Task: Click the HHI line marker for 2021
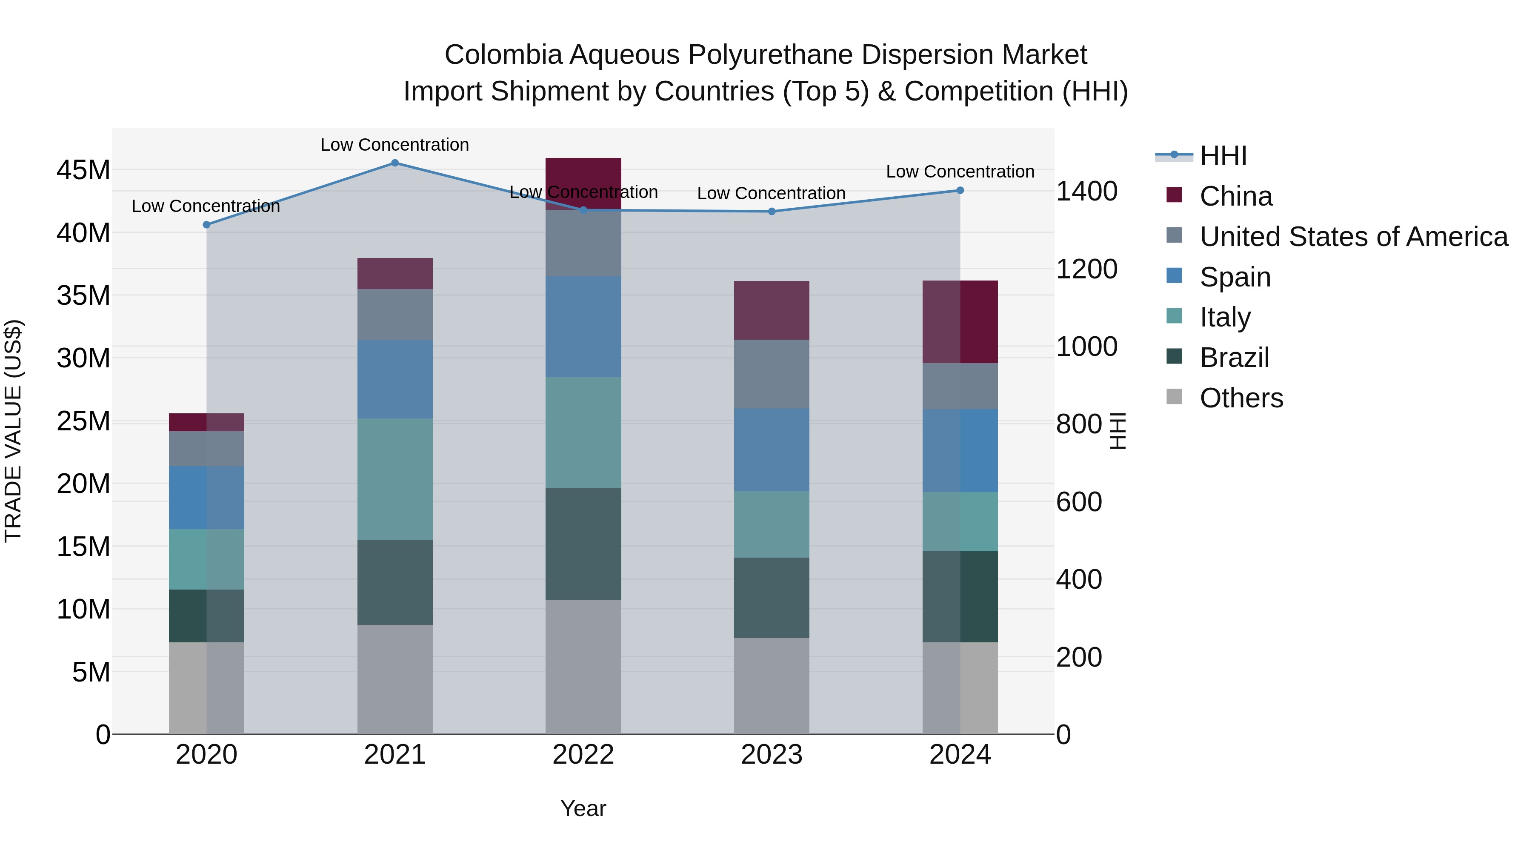(x=395, y=163)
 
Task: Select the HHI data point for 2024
(x=960, y=190)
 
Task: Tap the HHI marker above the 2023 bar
(x=772, y=211)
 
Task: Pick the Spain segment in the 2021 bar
(x=395, y=379)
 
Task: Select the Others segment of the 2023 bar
(x=772, y=685)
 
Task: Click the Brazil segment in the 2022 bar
(x=583, y=543)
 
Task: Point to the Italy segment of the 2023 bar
(x=772, y=524)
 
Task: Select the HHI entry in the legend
(x=1223, y=156)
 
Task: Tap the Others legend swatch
(x=1175, y=397)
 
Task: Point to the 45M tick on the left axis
(x=83, y=171)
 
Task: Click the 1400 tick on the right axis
(x=1086, y=192)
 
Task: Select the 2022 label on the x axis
(x=583, y=755)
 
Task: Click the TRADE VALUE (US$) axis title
(x=13, y=431)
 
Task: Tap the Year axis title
(x=583, y=808)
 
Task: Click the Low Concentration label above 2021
(x=395, y=145)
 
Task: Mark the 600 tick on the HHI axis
(x=1079, y=502)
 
